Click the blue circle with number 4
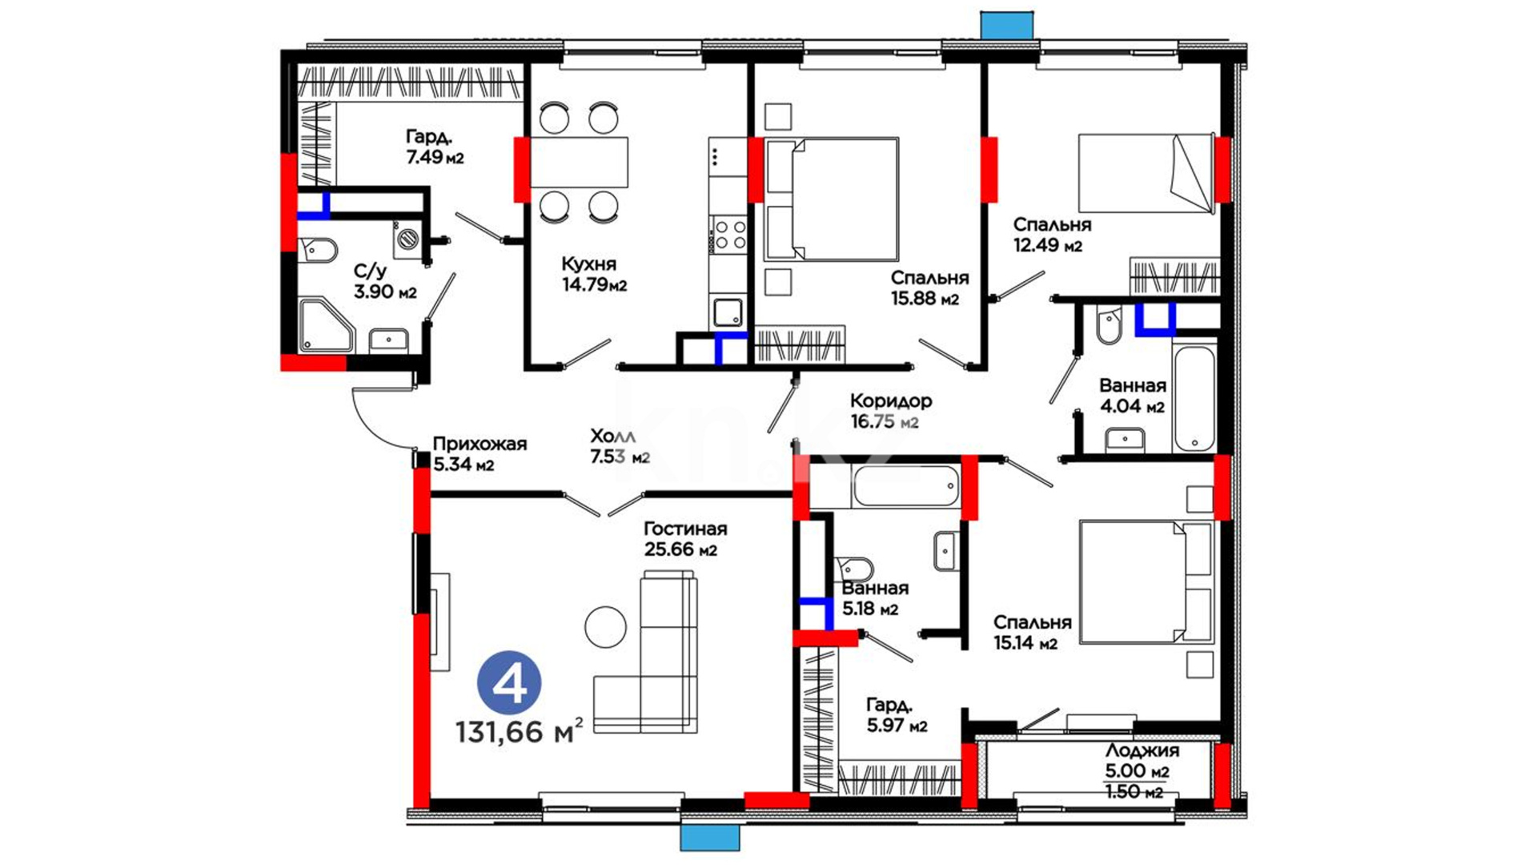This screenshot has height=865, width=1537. [509, 683]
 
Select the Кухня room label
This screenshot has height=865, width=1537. [588, 264]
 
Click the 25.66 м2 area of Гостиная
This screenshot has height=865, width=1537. [680, 550]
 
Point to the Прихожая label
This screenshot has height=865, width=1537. [480, 444]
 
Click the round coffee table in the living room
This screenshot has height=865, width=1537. [605, 627]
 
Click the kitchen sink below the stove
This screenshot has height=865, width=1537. [728, 311]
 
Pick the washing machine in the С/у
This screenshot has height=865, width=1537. [407, 238]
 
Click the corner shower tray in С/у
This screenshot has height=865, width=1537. [324, 325]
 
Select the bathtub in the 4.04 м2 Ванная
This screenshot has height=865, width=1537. [1194, 397]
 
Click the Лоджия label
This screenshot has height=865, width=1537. [1142, 751]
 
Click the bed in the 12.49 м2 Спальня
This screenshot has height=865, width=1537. [1146, 173]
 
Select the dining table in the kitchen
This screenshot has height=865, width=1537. [579, 162]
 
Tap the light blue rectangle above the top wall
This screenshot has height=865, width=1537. [1006, 26]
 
